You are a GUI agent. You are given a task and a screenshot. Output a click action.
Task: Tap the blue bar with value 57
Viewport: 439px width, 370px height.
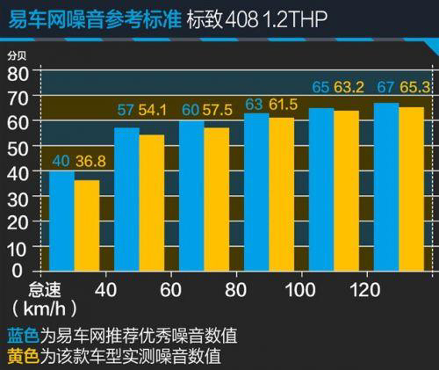click(127, 202)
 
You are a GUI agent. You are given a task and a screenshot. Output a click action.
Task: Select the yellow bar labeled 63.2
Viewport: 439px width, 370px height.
click(346, 193)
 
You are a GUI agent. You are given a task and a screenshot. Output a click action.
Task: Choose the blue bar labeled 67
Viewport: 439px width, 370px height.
click(385, 190)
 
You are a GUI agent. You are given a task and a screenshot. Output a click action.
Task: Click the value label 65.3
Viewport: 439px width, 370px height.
click(418, 89)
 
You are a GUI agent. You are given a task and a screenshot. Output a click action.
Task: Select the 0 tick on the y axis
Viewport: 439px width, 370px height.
click(18, 273)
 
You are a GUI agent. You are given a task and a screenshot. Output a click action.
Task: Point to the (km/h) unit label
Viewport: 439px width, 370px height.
click(44, 310)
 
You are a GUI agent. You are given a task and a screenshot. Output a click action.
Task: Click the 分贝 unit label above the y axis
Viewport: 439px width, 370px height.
click(18, 55)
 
